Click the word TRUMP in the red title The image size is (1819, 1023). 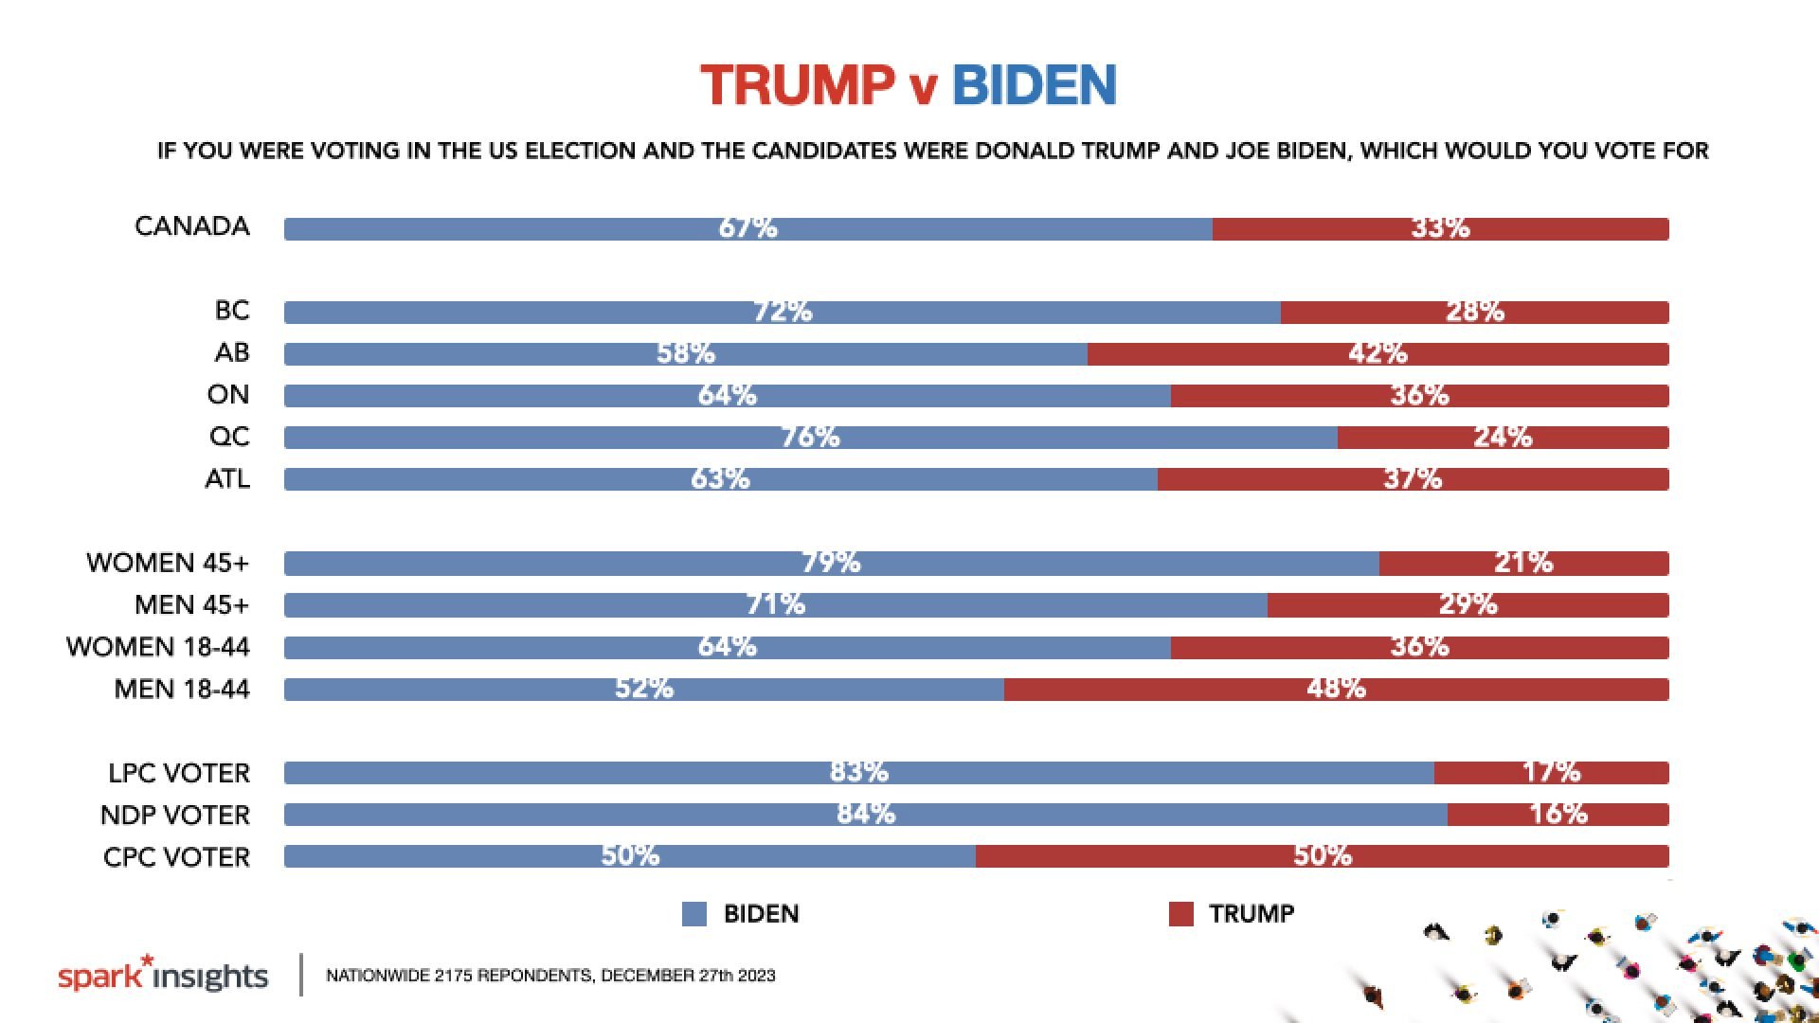pyautogui.click(x=798, y=85)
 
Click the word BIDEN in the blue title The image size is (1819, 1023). pyautogui.click(x=1034, y=85)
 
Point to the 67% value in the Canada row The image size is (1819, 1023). pyautogui.click(x=747, y=227)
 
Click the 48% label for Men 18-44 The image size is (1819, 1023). pyautogui.click(x=1336, y=688)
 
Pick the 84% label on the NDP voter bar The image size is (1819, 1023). pyautogui.click(x=866, y=814)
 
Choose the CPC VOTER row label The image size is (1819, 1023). pyautogui.click(x=177, y=857)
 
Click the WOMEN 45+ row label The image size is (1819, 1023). pyautogui.click(x=168, y=563)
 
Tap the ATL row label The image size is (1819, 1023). pyautogui.click(x=227, y=479)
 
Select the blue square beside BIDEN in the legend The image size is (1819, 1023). pyautogui.click(x=694, y=914)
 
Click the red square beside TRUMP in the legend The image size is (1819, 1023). pyautogui.click(x=1180, y=914)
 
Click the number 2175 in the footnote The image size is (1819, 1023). pyautogui.click(x=453, y=976)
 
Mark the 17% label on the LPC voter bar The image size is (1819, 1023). pyautogui.click(x=1551, y=772)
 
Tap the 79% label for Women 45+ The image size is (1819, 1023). pyautogui.click(x=831, y=563)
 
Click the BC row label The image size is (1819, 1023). pyautogui.click(x=232, y=311)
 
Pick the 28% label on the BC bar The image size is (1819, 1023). pyautogui.click(x=1474, y=311)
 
